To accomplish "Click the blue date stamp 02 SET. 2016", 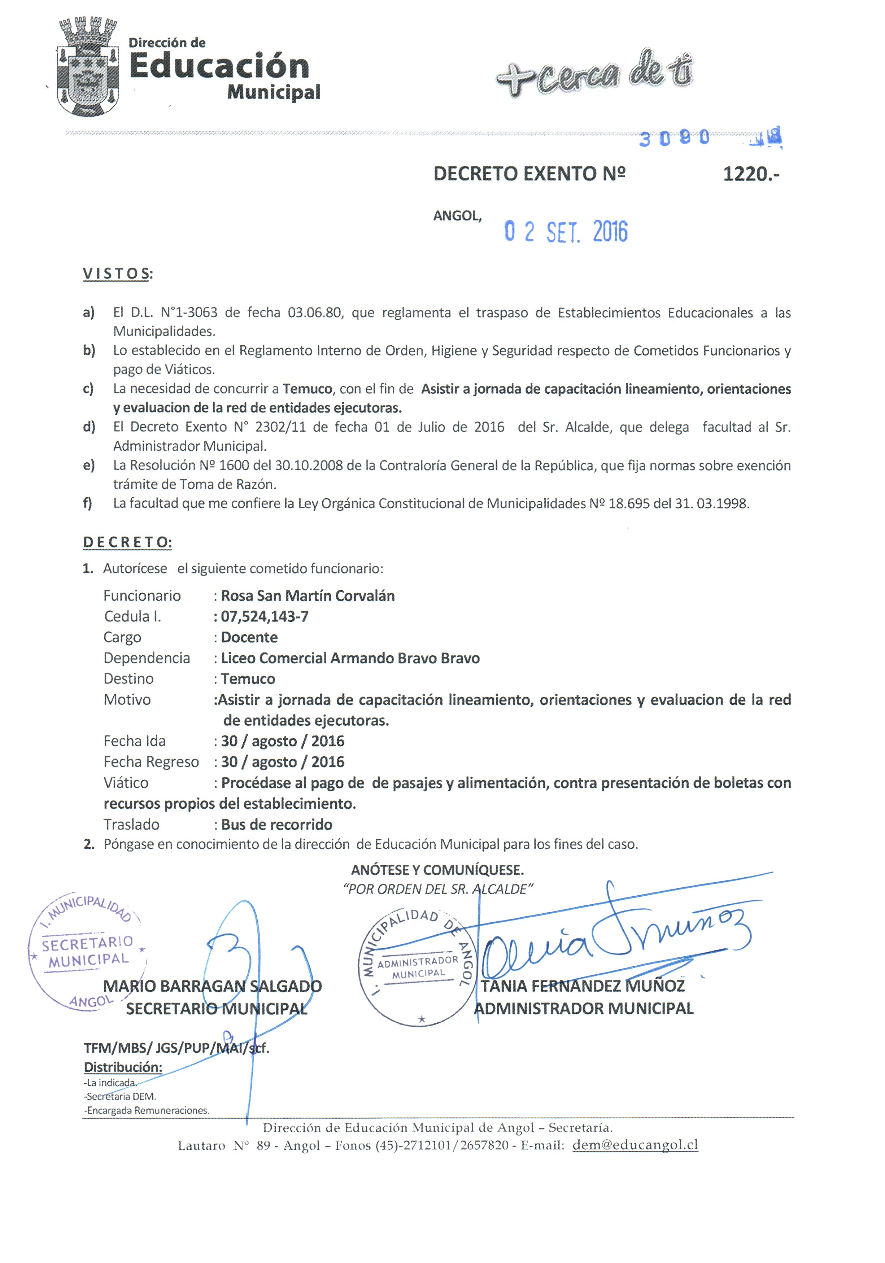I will (566, 232).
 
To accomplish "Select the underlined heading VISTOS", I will (117, 274).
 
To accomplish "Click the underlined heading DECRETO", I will (127, 542).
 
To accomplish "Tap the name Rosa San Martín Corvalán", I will (308, 596).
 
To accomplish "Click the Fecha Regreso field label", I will (151, 762).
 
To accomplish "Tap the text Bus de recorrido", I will (277, 824).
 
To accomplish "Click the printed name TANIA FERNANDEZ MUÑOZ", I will (583, 986).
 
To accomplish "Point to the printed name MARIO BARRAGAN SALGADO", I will (212, 986).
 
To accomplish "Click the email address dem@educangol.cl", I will (635, 1145).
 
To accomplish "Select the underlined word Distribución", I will (123, 1067).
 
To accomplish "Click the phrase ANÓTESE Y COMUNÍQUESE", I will (437, 870).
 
